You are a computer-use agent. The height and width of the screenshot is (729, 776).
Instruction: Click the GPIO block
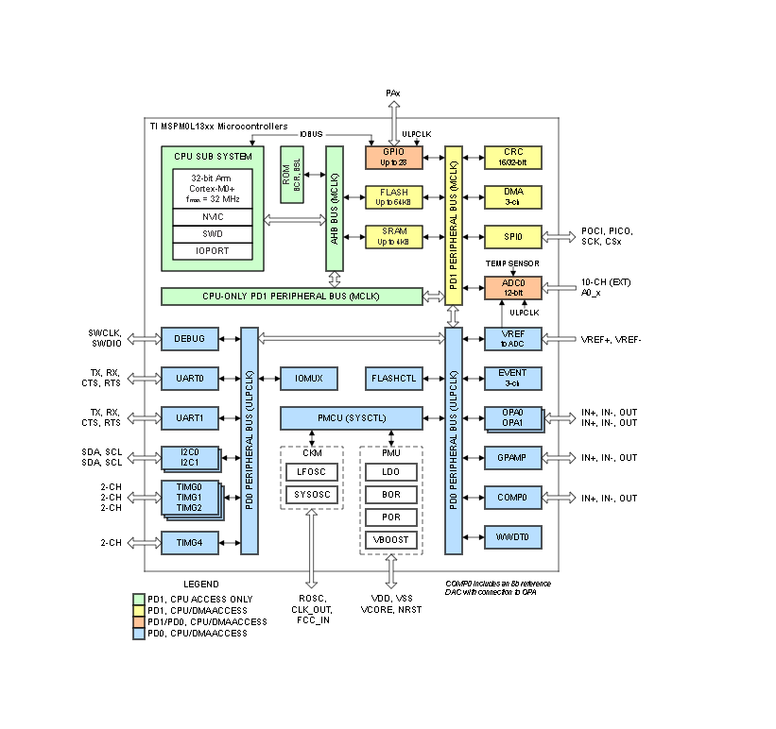(393, 157)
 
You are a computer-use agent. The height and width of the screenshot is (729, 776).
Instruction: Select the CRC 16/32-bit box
(513, 157)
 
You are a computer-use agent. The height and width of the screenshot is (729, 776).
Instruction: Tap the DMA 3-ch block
(513, 196)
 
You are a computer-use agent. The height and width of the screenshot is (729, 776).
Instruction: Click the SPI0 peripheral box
(513, 236)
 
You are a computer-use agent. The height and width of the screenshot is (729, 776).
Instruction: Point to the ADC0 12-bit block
(513, 287)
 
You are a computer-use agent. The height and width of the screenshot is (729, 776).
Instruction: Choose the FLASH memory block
(393, 196)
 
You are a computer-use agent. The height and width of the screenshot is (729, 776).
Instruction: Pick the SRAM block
(393, 236)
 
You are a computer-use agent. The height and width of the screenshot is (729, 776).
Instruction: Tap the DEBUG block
(190, 338)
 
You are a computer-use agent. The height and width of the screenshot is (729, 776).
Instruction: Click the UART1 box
(190, 417)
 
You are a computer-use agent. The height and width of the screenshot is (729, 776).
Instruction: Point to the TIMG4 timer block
(190, 542)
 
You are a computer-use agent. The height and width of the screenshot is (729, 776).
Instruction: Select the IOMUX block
(309, 379)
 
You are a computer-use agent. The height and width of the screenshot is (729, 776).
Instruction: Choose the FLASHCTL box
(393, 379)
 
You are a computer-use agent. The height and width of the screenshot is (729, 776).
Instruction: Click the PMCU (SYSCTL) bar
(352, 417)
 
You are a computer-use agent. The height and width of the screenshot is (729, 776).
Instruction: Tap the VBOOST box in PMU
(391, 540)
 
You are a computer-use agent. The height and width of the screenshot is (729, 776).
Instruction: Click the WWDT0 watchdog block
(513, 537)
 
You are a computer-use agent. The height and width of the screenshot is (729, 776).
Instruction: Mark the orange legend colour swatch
(139, 621)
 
